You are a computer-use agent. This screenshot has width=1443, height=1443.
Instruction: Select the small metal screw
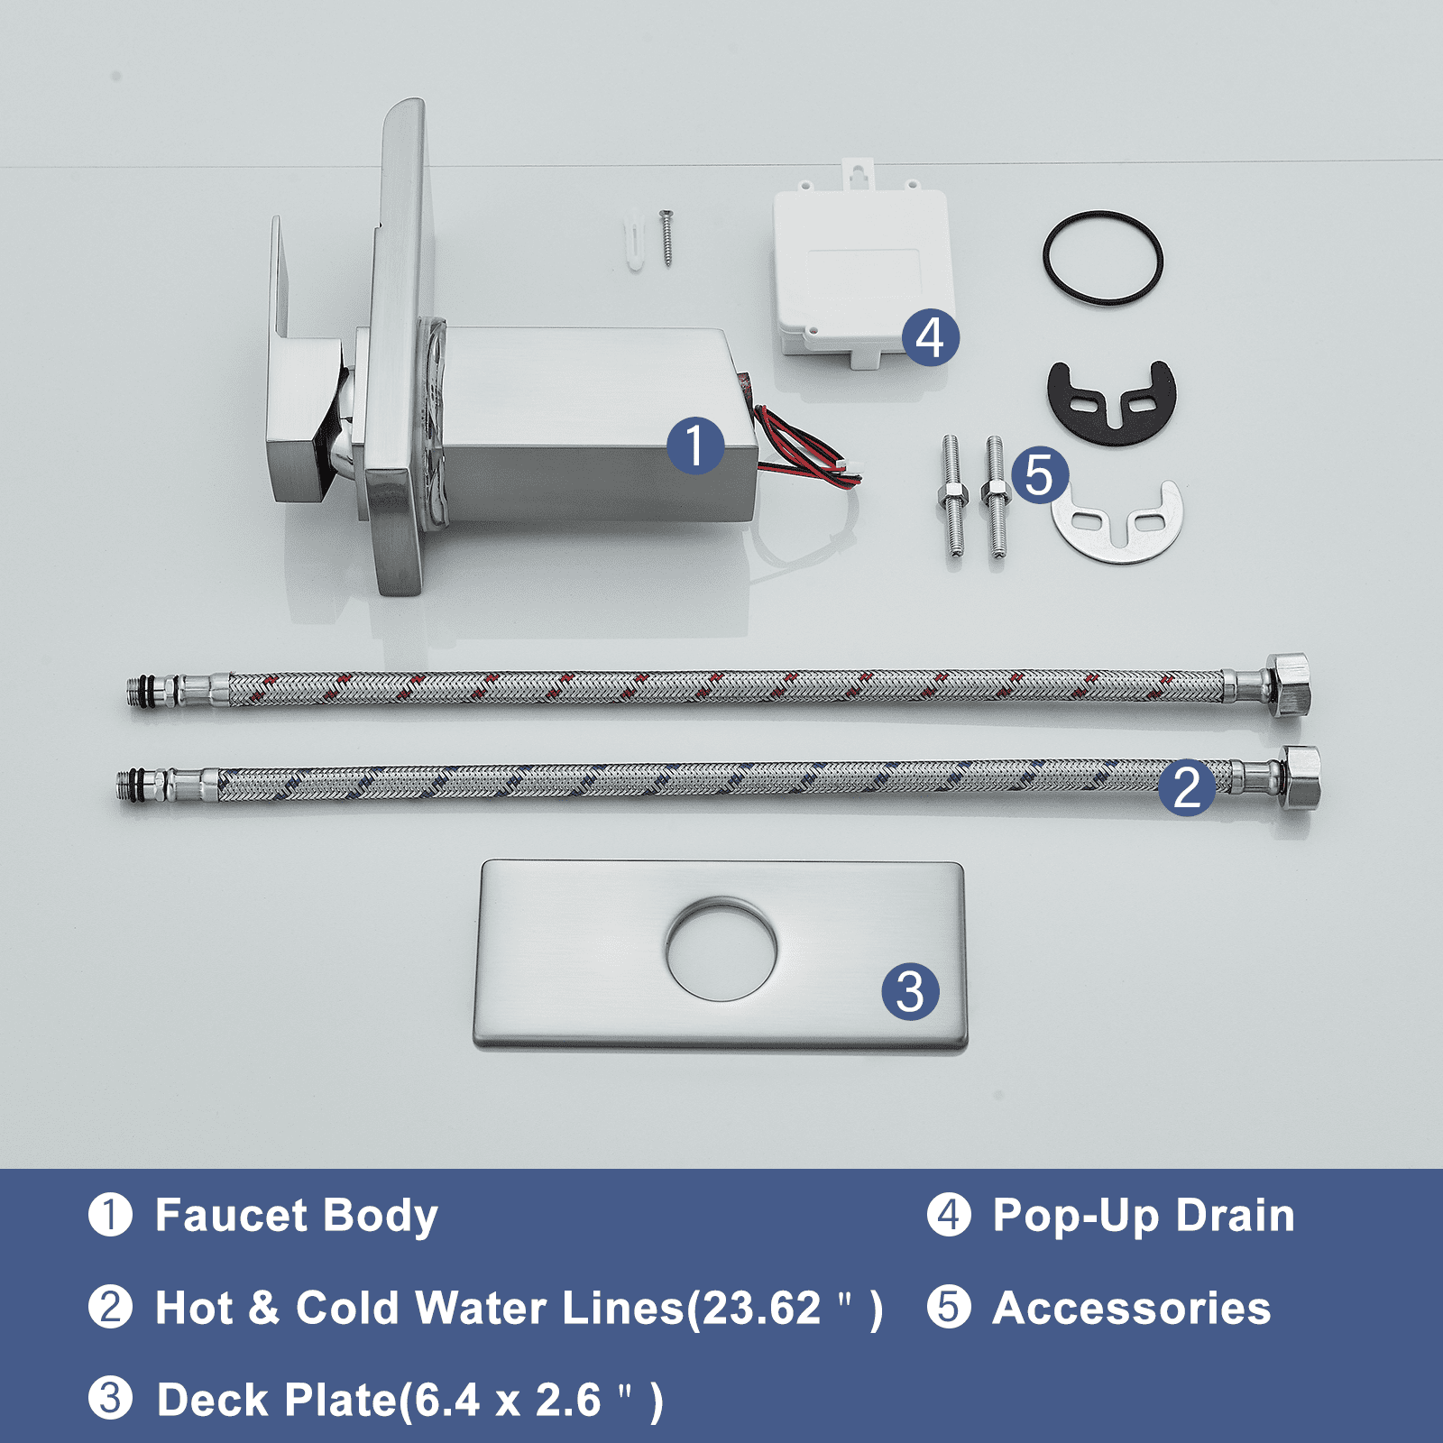pos(667,237)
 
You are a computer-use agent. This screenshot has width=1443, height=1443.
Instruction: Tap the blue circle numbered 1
pos(695,446)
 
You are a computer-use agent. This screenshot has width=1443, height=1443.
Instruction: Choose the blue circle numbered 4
pos(931,337)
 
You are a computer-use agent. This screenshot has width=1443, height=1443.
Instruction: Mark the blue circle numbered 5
pos(1040,475)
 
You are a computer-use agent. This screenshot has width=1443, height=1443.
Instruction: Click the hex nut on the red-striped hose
pos(1288,685)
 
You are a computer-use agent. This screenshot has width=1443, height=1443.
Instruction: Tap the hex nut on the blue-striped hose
pos(1300,777)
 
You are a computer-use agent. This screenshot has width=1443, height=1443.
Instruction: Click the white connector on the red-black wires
pos(849,468)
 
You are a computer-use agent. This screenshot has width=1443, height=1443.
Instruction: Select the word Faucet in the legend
pos(231,1215)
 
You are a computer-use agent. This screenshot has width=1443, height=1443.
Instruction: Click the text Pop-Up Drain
pos(1144,1216)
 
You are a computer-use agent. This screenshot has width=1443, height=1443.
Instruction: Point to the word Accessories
pos(1132,1309)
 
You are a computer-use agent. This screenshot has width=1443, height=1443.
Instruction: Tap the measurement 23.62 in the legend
pos(762,1309)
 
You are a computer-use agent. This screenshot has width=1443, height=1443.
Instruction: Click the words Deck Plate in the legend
pos(277,1401)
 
